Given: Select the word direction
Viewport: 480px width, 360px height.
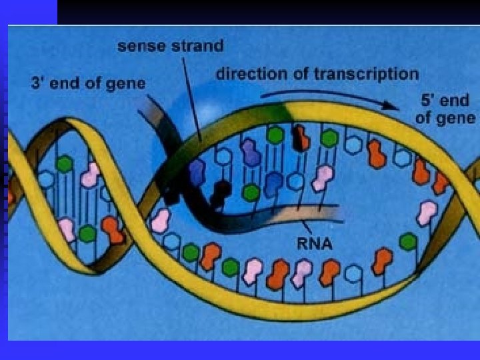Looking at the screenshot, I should [x=247, y=74].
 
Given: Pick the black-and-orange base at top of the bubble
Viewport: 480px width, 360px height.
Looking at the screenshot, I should [x=301, y=137].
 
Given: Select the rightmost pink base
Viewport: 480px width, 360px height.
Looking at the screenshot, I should [x=427, y=213].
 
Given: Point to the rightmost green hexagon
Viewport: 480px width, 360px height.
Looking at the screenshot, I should [x=408, y=241].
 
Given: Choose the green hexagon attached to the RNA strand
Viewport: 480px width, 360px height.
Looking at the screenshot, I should [x=251, y=192].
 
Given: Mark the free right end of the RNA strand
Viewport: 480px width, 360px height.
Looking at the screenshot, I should [x=340, y=215].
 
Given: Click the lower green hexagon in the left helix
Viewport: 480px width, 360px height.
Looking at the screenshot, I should [x=87, y=233].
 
